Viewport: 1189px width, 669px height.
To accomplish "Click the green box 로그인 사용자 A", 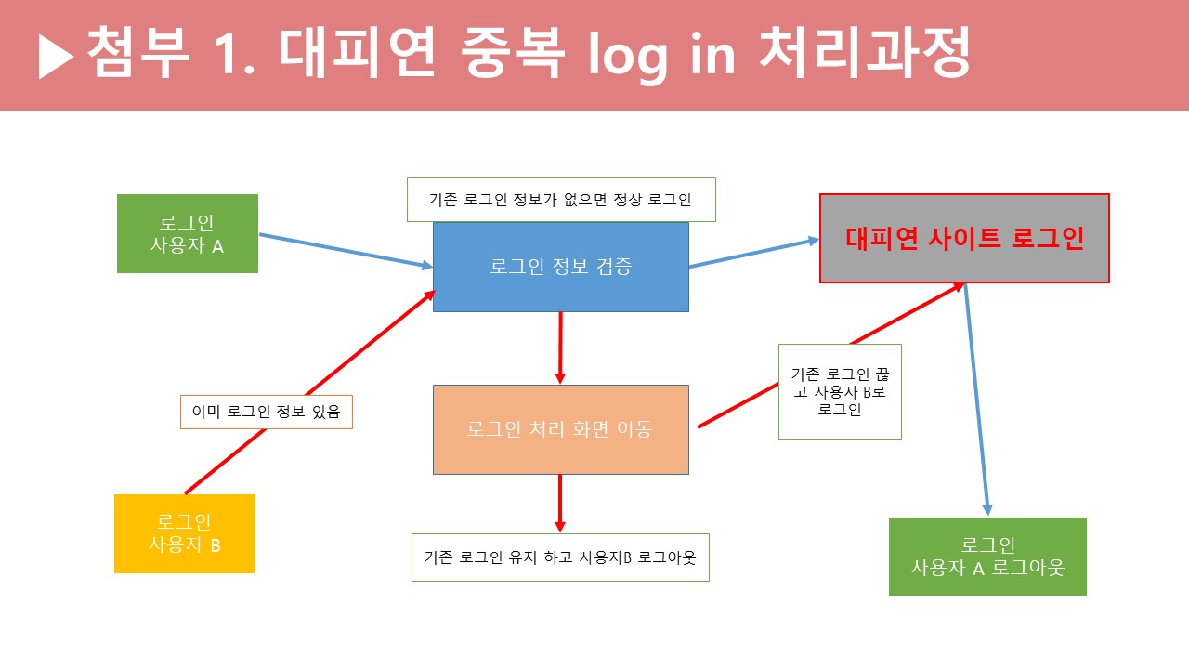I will (x=187, y=233).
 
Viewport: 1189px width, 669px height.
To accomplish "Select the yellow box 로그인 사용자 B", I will (x=184, y=533).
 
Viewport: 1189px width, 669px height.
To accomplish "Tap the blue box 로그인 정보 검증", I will (x=560, y=267).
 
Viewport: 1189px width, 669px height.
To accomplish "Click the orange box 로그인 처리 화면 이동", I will (x=560, y=429).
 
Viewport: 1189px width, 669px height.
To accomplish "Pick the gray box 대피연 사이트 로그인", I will (x=964, y=238).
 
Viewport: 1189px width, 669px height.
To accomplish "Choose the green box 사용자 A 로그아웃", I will (x=987, y=556).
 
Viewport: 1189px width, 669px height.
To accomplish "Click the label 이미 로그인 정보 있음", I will (x=267, y=412).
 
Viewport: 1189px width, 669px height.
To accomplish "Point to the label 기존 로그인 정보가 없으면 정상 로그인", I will (x=561, y=200).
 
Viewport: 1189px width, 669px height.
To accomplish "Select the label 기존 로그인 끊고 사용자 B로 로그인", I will (x=840, y=391).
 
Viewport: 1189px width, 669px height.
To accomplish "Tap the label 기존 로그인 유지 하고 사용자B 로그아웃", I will (x=560, y=557).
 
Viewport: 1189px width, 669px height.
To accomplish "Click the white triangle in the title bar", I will (x=56, y=59).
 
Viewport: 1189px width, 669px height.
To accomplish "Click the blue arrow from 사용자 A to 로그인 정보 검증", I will (x=345, y=251).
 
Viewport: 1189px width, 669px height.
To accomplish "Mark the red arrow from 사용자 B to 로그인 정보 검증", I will (x=310, y=391).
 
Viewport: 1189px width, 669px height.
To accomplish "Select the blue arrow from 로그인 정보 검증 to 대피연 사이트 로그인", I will (x=753, y=253).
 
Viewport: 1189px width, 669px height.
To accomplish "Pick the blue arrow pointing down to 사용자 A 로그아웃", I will (x=977, y=400).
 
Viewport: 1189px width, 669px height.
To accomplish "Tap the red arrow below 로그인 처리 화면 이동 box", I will (x=560, y=503).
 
